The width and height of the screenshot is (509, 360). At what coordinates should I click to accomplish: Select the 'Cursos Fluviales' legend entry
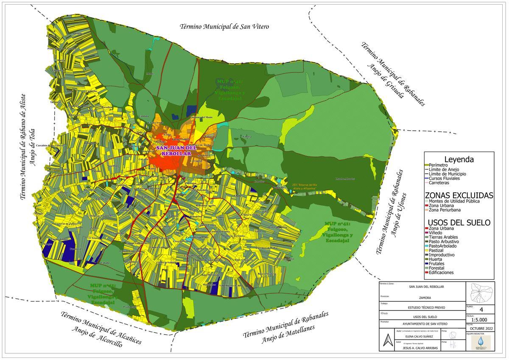click(445, 178)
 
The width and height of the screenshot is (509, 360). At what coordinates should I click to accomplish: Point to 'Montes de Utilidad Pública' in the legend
click(454, 201)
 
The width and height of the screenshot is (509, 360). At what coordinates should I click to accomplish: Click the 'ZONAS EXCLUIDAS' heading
click(459, 195)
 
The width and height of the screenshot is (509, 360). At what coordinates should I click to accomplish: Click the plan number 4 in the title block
click(481, 309)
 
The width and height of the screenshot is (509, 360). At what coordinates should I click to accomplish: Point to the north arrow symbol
click(386, 340)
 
